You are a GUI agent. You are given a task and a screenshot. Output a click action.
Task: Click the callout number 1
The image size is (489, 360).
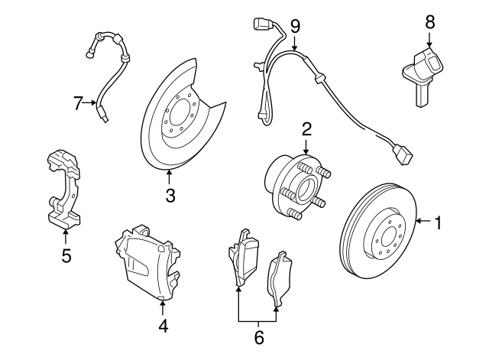[439, 223]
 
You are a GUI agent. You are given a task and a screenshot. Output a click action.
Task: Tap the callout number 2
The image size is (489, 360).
[306, 128]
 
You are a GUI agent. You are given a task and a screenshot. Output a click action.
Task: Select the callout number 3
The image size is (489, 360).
[170, 196]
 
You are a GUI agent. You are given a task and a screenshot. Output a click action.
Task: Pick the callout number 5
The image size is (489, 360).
[66, 256]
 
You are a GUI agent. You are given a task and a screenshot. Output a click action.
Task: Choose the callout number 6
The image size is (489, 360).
[258, 336]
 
